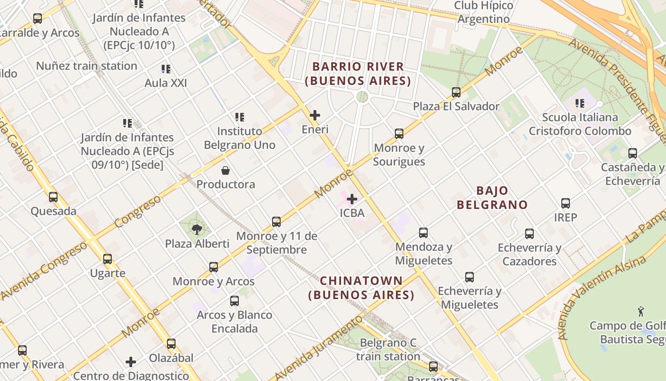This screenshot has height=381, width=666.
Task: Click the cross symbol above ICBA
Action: click(x=352, y=199)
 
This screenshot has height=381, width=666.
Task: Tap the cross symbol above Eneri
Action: click(x=314, y=115)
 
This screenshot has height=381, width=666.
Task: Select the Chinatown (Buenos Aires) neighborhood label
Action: click(x=362, y=288)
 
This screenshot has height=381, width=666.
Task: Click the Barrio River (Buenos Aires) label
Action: click(x=358, y=73)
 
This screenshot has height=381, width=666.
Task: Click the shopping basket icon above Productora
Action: click(x=225, y=170)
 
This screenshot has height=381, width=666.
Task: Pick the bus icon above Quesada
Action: click(x=53, y=197)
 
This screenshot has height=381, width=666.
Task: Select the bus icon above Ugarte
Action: click(x=108, y=259)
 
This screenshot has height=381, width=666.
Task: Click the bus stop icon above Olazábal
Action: click(x=171, y=343)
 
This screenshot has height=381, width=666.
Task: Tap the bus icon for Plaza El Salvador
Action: click(x=456, y=92)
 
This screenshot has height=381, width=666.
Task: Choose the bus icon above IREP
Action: click(x=566, y=203)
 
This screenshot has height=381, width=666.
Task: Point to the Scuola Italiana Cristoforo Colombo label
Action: click(x=580, y=124)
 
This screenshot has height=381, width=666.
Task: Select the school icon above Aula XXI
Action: click(x=166, y=69)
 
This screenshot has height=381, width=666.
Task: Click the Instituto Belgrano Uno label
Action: click(x=240, y=138)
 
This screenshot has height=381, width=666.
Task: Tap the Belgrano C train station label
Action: click(x=388, y=349)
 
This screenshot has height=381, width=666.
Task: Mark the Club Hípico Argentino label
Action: click(x=483, y=12)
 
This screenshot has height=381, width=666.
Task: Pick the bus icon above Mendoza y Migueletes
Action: click(x=423, y=233)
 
